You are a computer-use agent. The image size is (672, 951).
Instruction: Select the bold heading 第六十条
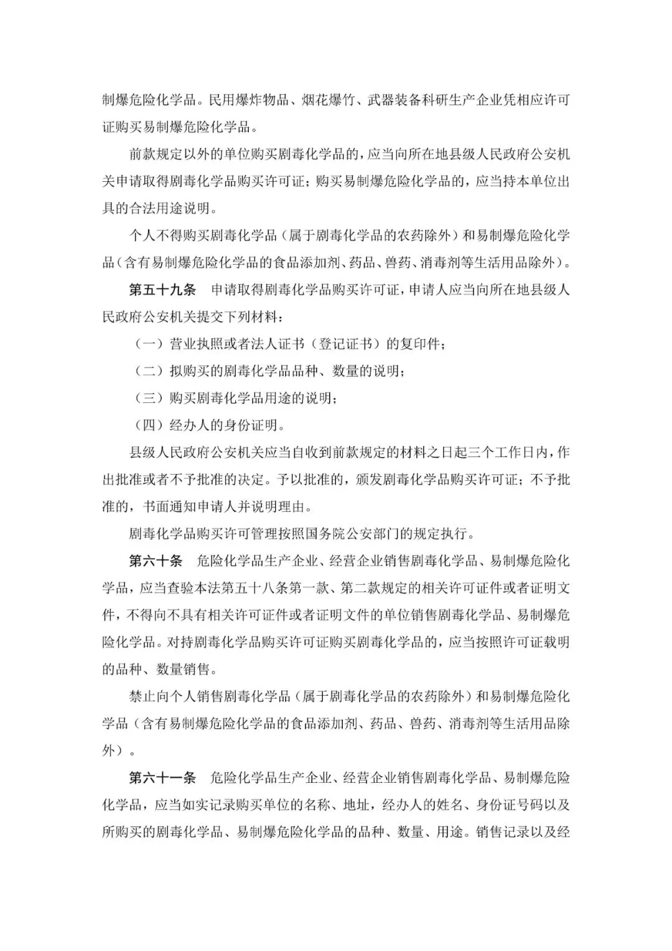156,561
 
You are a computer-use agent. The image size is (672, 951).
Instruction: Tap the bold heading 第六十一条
162,777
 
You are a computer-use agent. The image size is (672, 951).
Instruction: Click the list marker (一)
149,344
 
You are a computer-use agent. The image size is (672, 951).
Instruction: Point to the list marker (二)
149,371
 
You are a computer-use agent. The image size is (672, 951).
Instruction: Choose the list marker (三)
149,398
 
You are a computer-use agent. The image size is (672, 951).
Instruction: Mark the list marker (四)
149,425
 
